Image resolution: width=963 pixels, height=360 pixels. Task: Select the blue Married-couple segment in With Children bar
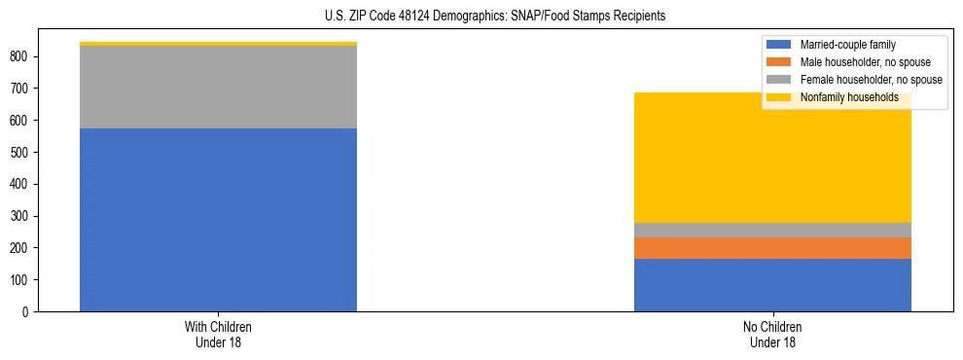coord(218,220)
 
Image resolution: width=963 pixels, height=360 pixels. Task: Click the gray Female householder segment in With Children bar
coord(218,88)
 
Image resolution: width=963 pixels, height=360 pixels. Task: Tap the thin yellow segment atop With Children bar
coord(218,44)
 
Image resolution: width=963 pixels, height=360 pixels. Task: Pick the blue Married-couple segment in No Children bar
coord(772,285)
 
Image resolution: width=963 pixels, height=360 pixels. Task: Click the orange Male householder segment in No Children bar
coord(772,248)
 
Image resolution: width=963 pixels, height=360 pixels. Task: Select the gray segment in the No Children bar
coord(772,231)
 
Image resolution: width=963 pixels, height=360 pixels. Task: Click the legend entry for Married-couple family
coord(847,45)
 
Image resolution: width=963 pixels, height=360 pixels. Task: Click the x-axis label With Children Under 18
coord(218,335)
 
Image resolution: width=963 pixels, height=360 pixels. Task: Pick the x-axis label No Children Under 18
coord(772,335)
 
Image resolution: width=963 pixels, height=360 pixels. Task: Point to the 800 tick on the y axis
coord(22,56)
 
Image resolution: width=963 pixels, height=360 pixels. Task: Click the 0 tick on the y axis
coord(29,311)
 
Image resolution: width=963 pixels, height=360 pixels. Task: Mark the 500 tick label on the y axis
coord(22,152)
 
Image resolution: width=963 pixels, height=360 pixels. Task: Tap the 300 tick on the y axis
coord(22,216)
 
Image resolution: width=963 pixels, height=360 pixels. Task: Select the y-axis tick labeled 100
coord(22,280)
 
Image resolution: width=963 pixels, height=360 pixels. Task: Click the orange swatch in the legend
coord(779,62)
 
